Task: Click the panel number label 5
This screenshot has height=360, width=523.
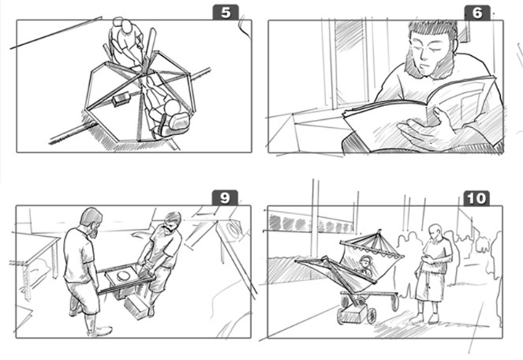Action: click(226, 13)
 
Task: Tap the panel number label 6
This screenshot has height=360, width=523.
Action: click(477, 13)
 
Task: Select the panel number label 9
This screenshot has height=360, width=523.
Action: click(225, 198)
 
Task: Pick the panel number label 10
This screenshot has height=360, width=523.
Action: click(476, 198)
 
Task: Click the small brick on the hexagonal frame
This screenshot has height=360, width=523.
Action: click(121, 99)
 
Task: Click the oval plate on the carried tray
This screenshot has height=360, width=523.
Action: click(123, 276)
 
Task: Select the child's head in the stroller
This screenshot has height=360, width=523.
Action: click(365, 262)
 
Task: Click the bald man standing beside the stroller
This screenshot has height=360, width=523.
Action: click(432, 273)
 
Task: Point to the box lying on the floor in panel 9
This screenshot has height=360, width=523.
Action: click(136, 308)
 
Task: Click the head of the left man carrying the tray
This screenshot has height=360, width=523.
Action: click(91, 222)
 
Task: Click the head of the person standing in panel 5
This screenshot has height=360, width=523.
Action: click(127, 26)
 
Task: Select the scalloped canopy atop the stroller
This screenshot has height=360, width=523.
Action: click(372, 248)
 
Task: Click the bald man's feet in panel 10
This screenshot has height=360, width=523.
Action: click(425, 320)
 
